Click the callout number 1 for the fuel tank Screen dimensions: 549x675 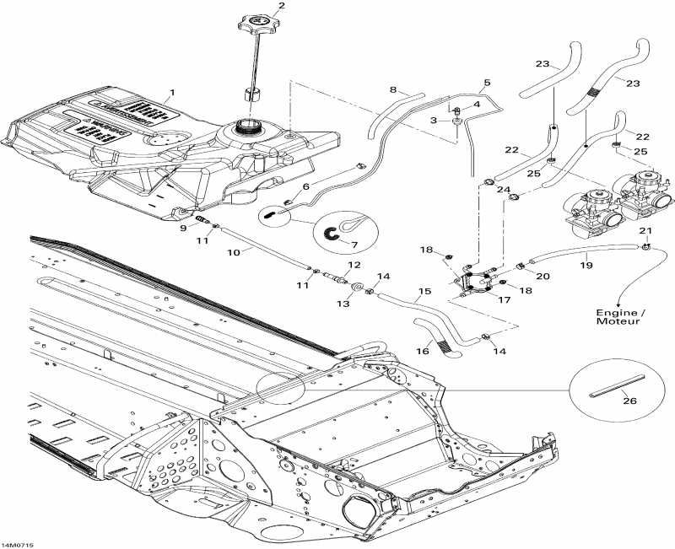coord(172,91)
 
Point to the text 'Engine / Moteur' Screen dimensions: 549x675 coord(618,316)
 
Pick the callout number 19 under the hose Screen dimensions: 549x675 coord(586,265)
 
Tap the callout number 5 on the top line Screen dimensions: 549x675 coord(486,83)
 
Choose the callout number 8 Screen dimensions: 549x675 coord(392,89)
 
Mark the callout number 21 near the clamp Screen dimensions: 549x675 coord(646,230)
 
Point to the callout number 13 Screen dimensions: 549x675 coord(343,303)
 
